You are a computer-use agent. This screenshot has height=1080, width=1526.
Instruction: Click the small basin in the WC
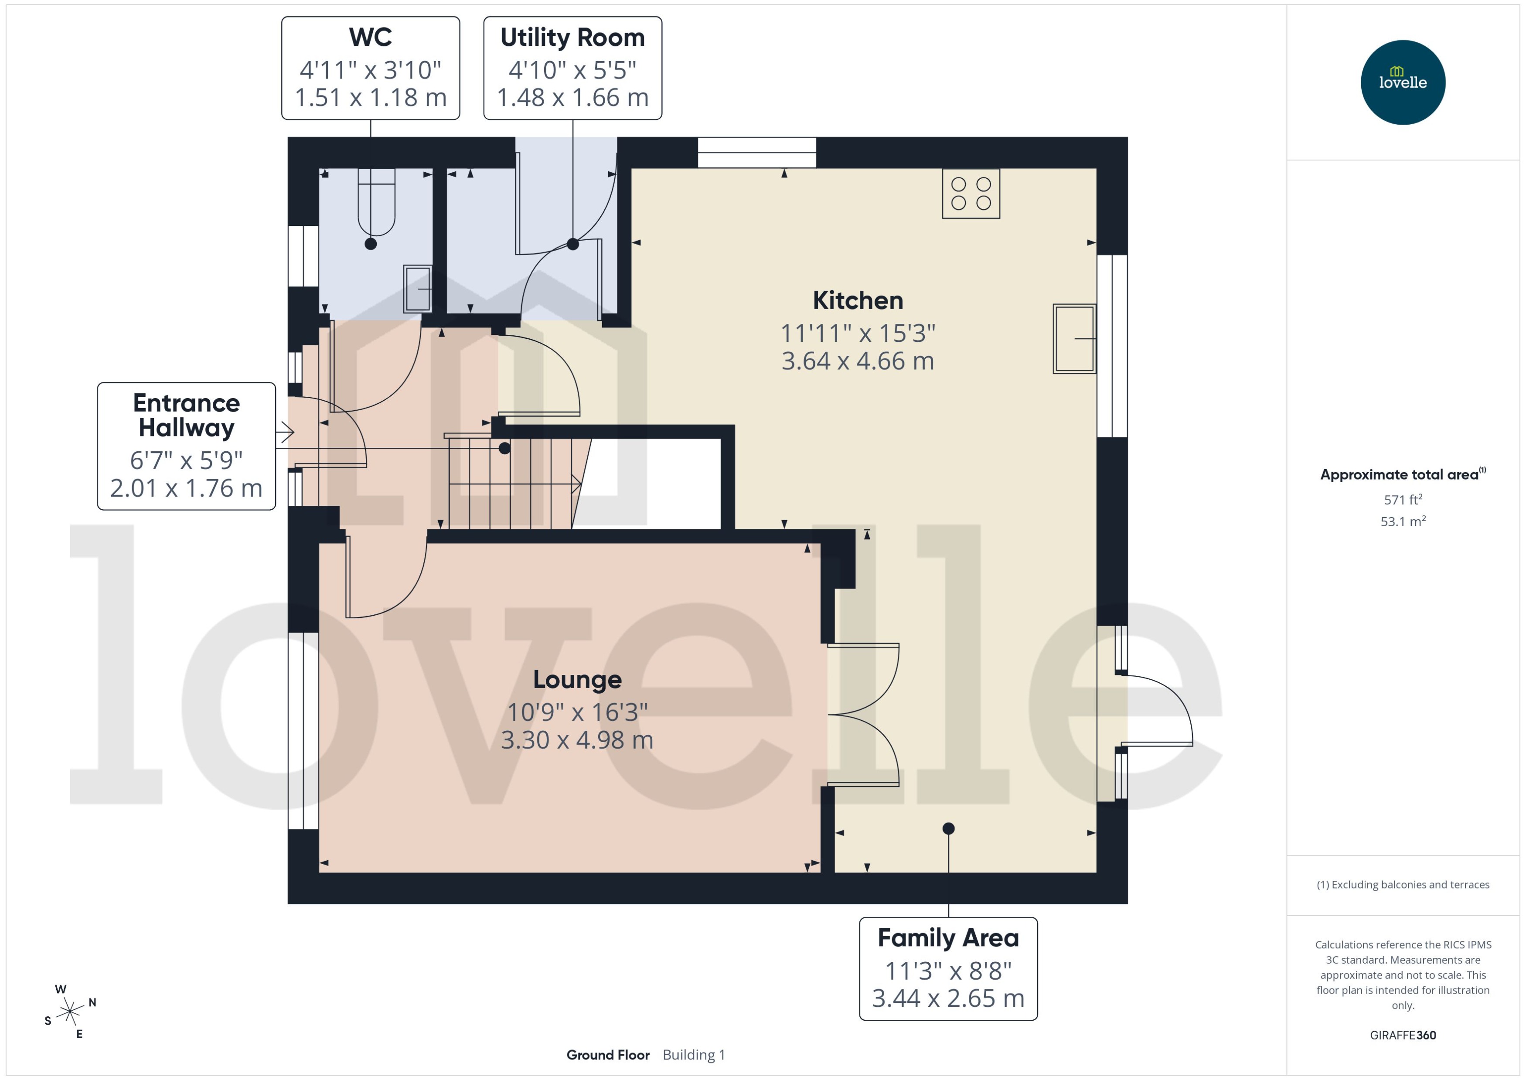click(x=418, y=289)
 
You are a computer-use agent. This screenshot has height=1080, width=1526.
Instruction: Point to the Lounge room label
click(x=577, y=679)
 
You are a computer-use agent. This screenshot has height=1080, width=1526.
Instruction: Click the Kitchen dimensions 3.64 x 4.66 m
click(x=857, y=361)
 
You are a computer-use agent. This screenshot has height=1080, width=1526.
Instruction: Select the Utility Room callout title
click(x=572, y=37)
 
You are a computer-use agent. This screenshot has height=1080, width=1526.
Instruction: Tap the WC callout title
click(x=370, y=37)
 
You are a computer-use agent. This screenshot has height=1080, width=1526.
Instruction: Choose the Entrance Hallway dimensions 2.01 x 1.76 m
click(x=186, y=488)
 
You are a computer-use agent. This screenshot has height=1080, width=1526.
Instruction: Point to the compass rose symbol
click(x=69, y=1012)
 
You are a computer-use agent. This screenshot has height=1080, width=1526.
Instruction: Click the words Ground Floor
click(x=608, y=1055)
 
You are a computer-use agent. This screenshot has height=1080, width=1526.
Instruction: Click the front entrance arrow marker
click(x=285, y=432)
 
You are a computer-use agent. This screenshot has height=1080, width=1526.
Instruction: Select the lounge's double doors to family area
click(x=863, y=715)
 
